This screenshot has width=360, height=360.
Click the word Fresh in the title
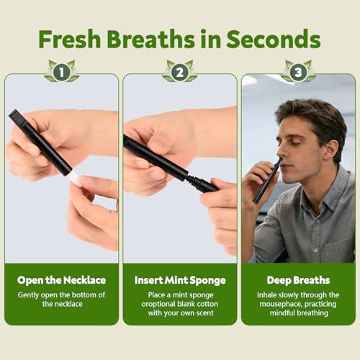pyautogui.click(x=70, y=39)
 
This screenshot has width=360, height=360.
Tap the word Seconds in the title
pyautogui.click(x=274, y=39)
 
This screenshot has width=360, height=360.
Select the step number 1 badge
pyautogui.click(x=62, y=72)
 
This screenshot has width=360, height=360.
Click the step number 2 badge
pyautogui.click(x=180, y=72)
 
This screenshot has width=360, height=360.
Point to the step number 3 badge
pyautogui.click(x=298, y=72)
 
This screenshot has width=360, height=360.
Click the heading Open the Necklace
pyautogui.click(x=61, y=280)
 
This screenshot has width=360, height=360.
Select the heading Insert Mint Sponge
pyautogui.click(x=180, y=280)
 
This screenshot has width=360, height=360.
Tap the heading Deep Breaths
pyautogui.click(x=298, y=280)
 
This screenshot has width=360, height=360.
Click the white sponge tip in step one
pyautogui.click(x=76, y=179)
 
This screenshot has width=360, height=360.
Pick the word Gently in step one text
pyautogui.click(x=28, y=295)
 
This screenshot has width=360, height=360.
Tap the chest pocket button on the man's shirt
pyautogui.click(x=316, y=251)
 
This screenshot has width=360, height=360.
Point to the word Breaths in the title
pyautogui.click(x=150, y=39)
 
